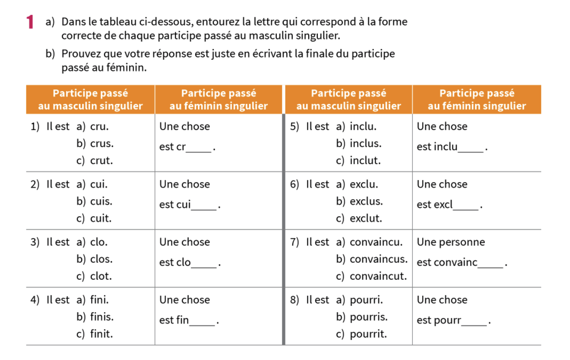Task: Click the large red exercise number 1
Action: point(30,21)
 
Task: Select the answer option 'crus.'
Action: point(101,144)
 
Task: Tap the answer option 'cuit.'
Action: point(100,218)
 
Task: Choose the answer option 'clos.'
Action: point(101,259)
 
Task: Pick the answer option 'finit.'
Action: point(101,334)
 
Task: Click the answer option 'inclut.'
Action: point(365,161)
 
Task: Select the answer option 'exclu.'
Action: point(363,184)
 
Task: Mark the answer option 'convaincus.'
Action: point(378,259)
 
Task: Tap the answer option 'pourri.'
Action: point(366,300)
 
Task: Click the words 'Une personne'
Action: point(451,242)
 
